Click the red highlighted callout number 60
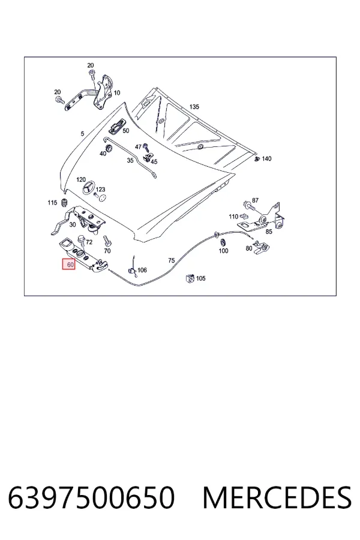[68, 265]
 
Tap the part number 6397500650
[91, 497]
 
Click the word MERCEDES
[277, 497]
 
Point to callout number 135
[194, 107]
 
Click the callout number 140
[266, 159]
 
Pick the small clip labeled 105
[190, 278]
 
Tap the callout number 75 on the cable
[171, 261]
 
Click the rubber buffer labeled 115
[64, 203]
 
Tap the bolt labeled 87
[248, 206]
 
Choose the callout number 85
[269, 232]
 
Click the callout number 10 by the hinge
[117, 92]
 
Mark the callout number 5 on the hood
[82, 134]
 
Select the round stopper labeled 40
[109, 148]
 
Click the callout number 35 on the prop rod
[130, 160]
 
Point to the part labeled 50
[115, 127]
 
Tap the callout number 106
[142, 270]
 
